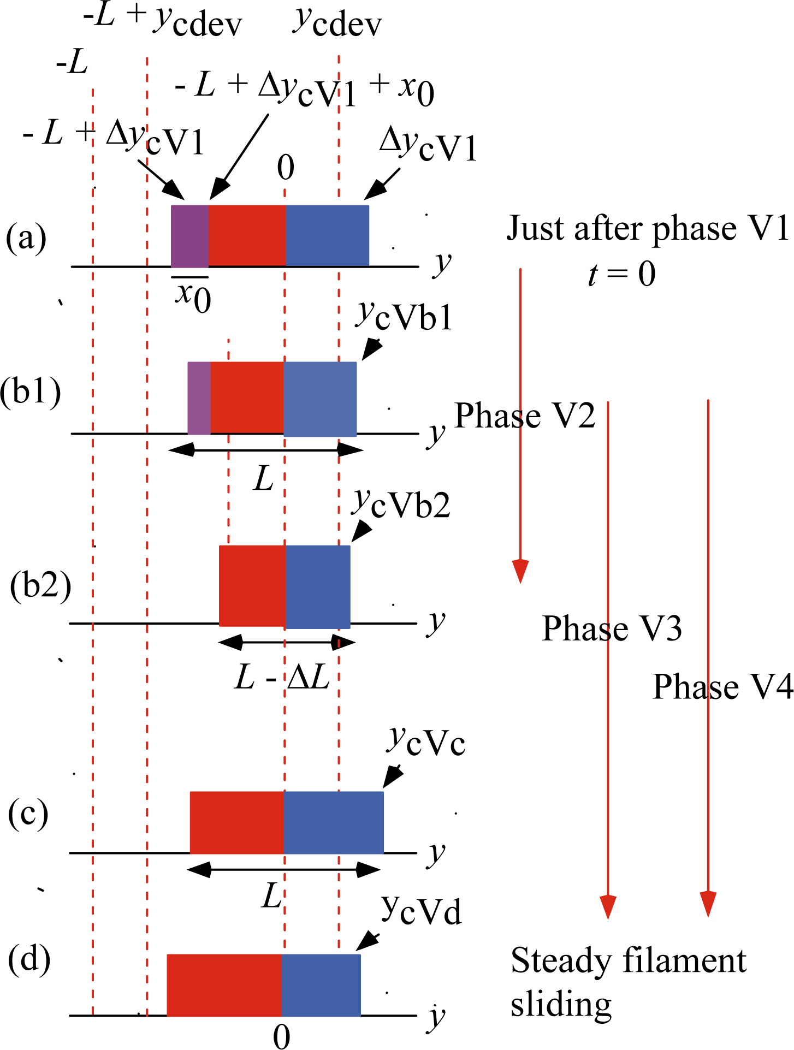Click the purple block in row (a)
[x=189, y=236]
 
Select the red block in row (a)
[x=247, y=236]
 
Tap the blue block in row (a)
[x=327, y=236]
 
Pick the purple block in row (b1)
[x=199, y=398]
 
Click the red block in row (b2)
[x=252, y=586]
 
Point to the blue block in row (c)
[x=334, y=822]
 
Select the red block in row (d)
[x=224, y=984]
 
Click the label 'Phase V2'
[x=524, y=416]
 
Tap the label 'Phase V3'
[x=612, y=628]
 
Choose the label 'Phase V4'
[x=722, y=686]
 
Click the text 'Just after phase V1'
[x=647, y=228]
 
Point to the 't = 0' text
[x=621, y=274]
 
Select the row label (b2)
[x=40, y=586]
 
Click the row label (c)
[x=28, y=814]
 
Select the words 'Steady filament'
[x=628, y=960]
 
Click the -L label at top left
[x=72, y=64]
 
